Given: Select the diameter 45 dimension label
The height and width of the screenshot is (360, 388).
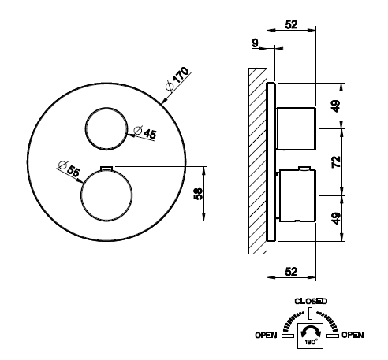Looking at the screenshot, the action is coord(145,132).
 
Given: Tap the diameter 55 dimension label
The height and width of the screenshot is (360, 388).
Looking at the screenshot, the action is coord(69,169).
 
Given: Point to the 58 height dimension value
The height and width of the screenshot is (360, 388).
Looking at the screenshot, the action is coord(199,194).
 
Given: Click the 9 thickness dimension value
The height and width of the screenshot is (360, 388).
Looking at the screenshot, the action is coord(255,43).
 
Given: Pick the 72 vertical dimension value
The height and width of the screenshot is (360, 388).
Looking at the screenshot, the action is coord(336,161).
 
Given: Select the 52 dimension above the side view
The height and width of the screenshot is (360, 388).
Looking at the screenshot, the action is coord(291,24).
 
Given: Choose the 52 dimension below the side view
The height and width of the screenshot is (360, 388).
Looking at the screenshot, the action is coord(291,272).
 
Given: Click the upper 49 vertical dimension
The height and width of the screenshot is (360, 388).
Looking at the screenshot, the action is coord(336,106).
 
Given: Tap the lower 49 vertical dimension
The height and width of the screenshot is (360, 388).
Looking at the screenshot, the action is coord(336,218).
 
